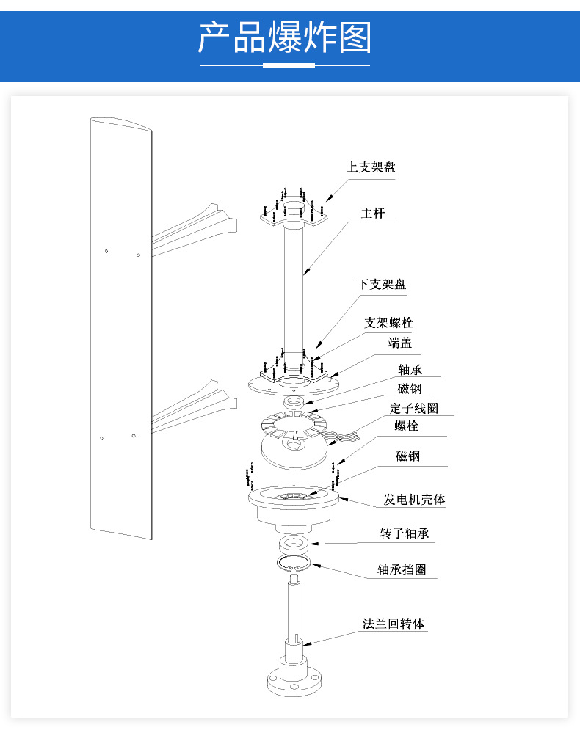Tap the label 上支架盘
371,167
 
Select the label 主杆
372,214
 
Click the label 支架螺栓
389,322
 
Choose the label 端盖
400,342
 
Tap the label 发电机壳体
414,500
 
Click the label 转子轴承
404,533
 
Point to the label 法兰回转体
394,624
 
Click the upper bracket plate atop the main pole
294,214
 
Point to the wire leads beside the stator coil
345,437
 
